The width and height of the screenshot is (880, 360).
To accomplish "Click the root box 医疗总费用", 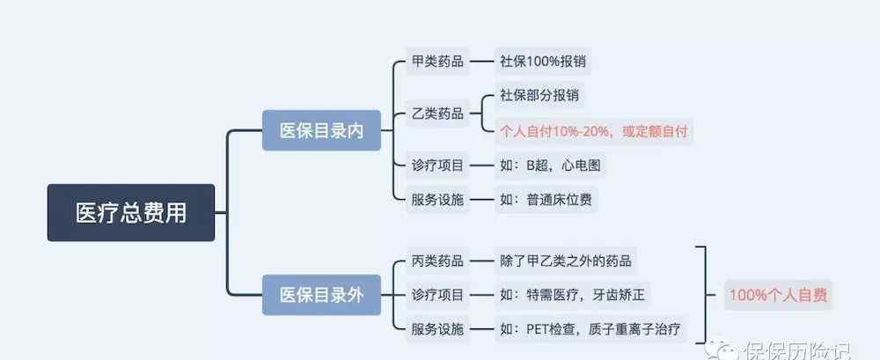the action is [131, 213].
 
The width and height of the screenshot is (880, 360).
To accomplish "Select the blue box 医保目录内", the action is [321, 130].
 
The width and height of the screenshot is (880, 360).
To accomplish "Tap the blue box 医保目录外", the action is [321, 295].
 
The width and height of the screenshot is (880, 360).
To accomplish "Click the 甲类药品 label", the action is [437, 62].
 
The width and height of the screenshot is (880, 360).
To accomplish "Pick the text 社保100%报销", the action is [543, 61].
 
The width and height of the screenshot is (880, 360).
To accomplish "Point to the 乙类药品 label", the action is [437, 114].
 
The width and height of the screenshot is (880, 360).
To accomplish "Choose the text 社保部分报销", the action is [539, 95].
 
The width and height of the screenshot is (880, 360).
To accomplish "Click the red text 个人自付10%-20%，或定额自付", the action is [594, 132].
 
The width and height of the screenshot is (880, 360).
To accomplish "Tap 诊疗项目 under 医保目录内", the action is [437, 165].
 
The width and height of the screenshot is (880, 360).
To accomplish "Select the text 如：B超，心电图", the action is [551, 165].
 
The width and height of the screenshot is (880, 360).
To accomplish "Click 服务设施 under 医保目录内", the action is [437, 200].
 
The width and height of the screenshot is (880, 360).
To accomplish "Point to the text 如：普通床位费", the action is [546, 200].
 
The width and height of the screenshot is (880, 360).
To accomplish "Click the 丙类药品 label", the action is [437, 261].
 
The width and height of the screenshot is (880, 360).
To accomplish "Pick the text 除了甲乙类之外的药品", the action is [566, 261].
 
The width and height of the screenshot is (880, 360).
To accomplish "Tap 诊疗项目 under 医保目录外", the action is [437, 295].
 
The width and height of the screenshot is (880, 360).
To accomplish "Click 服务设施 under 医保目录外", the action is [437, 329].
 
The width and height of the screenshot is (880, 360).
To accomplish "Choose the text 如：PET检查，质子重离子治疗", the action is [590, 329].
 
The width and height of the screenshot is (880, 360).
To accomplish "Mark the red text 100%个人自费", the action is [778, 296].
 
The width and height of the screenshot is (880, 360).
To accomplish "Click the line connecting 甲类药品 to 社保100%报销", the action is [481, 62].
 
